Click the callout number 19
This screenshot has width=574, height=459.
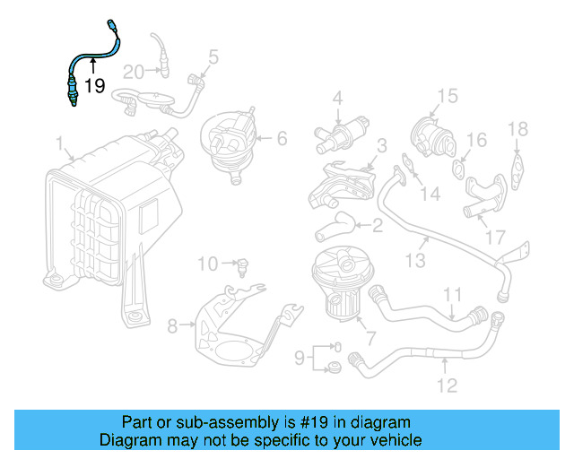tap(94, 87)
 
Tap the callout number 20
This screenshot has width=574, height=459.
tap(134, 72)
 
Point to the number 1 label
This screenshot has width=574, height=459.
tap(59, 143)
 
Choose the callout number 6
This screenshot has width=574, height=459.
tap(281, 138)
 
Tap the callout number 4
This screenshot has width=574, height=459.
tap(338, 98)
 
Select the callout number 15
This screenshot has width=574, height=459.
tap(447, 96)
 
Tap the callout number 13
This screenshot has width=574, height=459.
tap(413, 261)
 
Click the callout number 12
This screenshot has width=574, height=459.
tap(447, 385)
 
